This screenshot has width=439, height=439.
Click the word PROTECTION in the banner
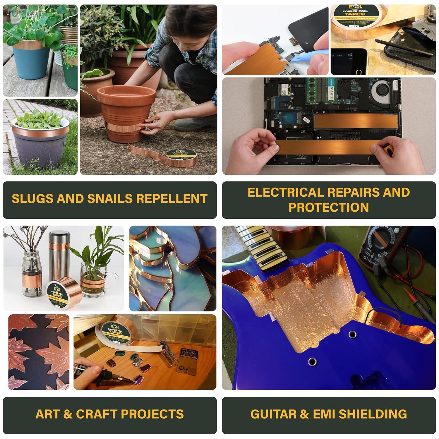point(329,207)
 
